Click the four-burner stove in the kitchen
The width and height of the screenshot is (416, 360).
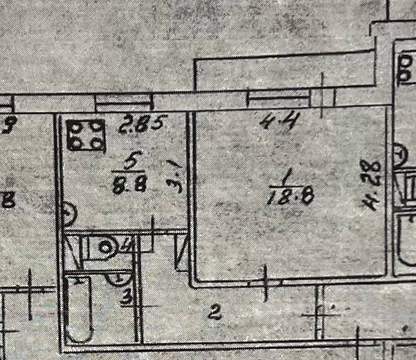pos(86,135)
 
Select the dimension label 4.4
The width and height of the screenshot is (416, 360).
pos(277,122)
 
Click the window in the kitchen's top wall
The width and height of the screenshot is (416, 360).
pos(125,104)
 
